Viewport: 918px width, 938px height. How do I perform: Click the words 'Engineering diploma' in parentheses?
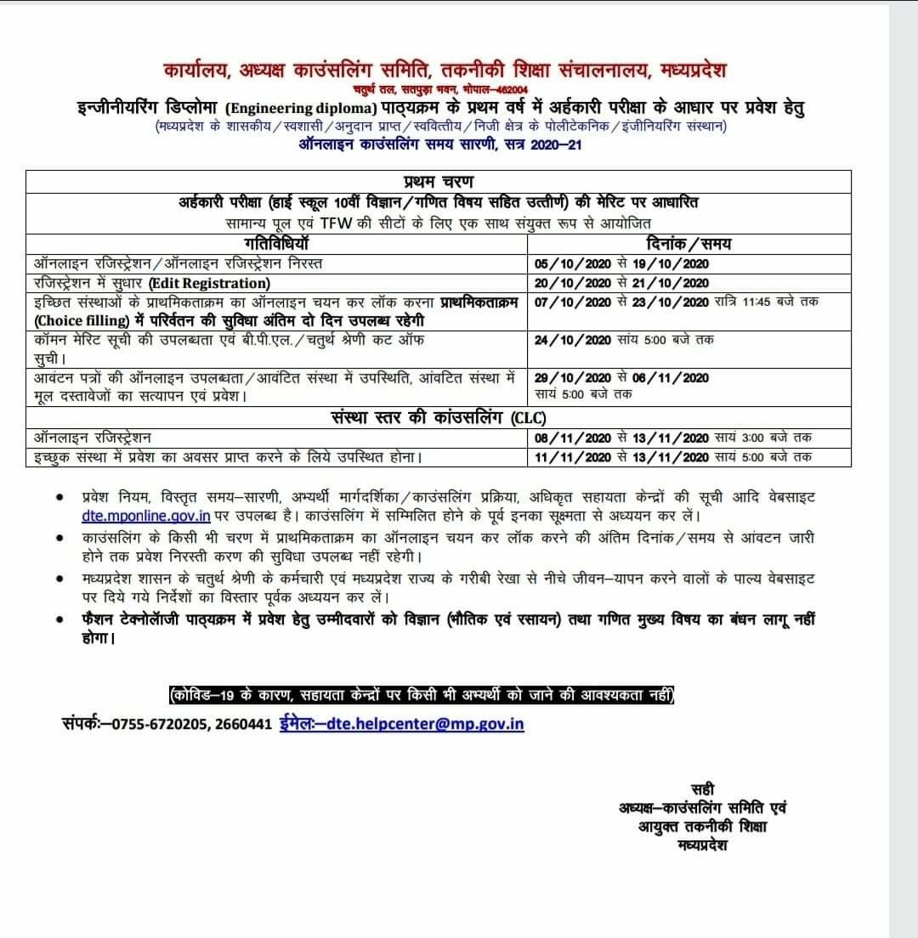tap(303, 108)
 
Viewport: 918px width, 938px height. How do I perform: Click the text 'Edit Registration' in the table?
tap(209, 283)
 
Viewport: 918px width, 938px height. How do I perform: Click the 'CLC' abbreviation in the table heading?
tap(530, 418)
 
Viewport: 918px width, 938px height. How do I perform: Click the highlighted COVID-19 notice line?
tap(422, 695)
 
